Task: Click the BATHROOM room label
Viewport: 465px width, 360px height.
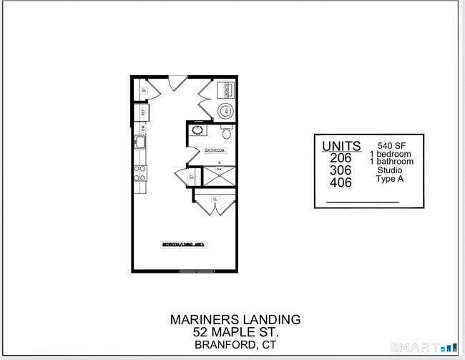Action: point(215,150)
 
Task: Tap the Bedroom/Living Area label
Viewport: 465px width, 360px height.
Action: point(184,245)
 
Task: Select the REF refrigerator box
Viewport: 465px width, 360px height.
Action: point(143,112)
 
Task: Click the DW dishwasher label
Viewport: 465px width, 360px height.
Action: point(143,127)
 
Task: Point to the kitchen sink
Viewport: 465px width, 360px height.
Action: point(142,142)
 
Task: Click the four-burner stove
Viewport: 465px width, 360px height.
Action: point(141,172)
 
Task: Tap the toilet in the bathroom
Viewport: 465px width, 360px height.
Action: point(227,132)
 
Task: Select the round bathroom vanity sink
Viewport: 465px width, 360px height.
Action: point(197,130)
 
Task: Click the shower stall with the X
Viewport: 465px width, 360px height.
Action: point(219,176)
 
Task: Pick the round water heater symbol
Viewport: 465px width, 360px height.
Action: point(226,110)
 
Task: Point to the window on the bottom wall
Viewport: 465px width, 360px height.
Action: point(196,271)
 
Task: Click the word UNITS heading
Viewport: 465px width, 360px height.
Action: point(341,146)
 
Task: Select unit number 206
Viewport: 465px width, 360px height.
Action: point(341,158)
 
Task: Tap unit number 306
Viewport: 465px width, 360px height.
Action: point(341,170)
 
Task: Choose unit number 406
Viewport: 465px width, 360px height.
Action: point(341,183)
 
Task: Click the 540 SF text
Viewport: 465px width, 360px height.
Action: point(391,145)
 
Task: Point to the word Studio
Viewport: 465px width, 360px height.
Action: point(389,170)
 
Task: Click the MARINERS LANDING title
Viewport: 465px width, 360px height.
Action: point(235,319)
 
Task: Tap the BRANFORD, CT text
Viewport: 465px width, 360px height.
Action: point(235,345)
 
